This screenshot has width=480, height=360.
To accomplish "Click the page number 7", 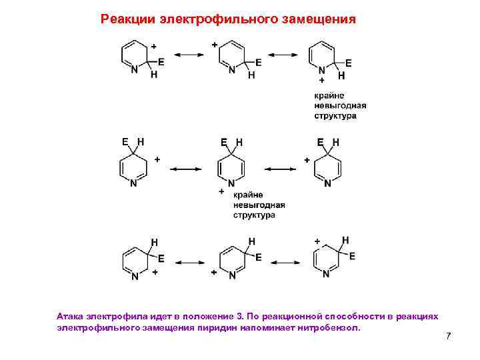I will click(x=448, y=336).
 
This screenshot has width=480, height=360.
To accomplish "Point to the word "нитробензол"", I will click(x=325, y=327).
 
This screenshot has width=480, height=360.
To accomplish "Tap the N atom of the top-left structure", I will click(x=134, y=69).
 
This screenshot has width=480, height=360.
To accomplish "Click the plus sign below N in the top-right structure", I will click(x=322, y=80).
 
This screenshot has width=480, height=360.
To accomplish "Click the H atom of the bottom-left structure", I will click(x=154, y=242).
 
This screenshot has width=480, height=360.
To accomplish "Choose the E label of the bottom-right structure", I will click(x=352, y=256).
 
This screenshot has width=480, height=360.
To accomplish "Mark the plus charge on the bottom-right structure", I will click(x=317, y=241).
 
